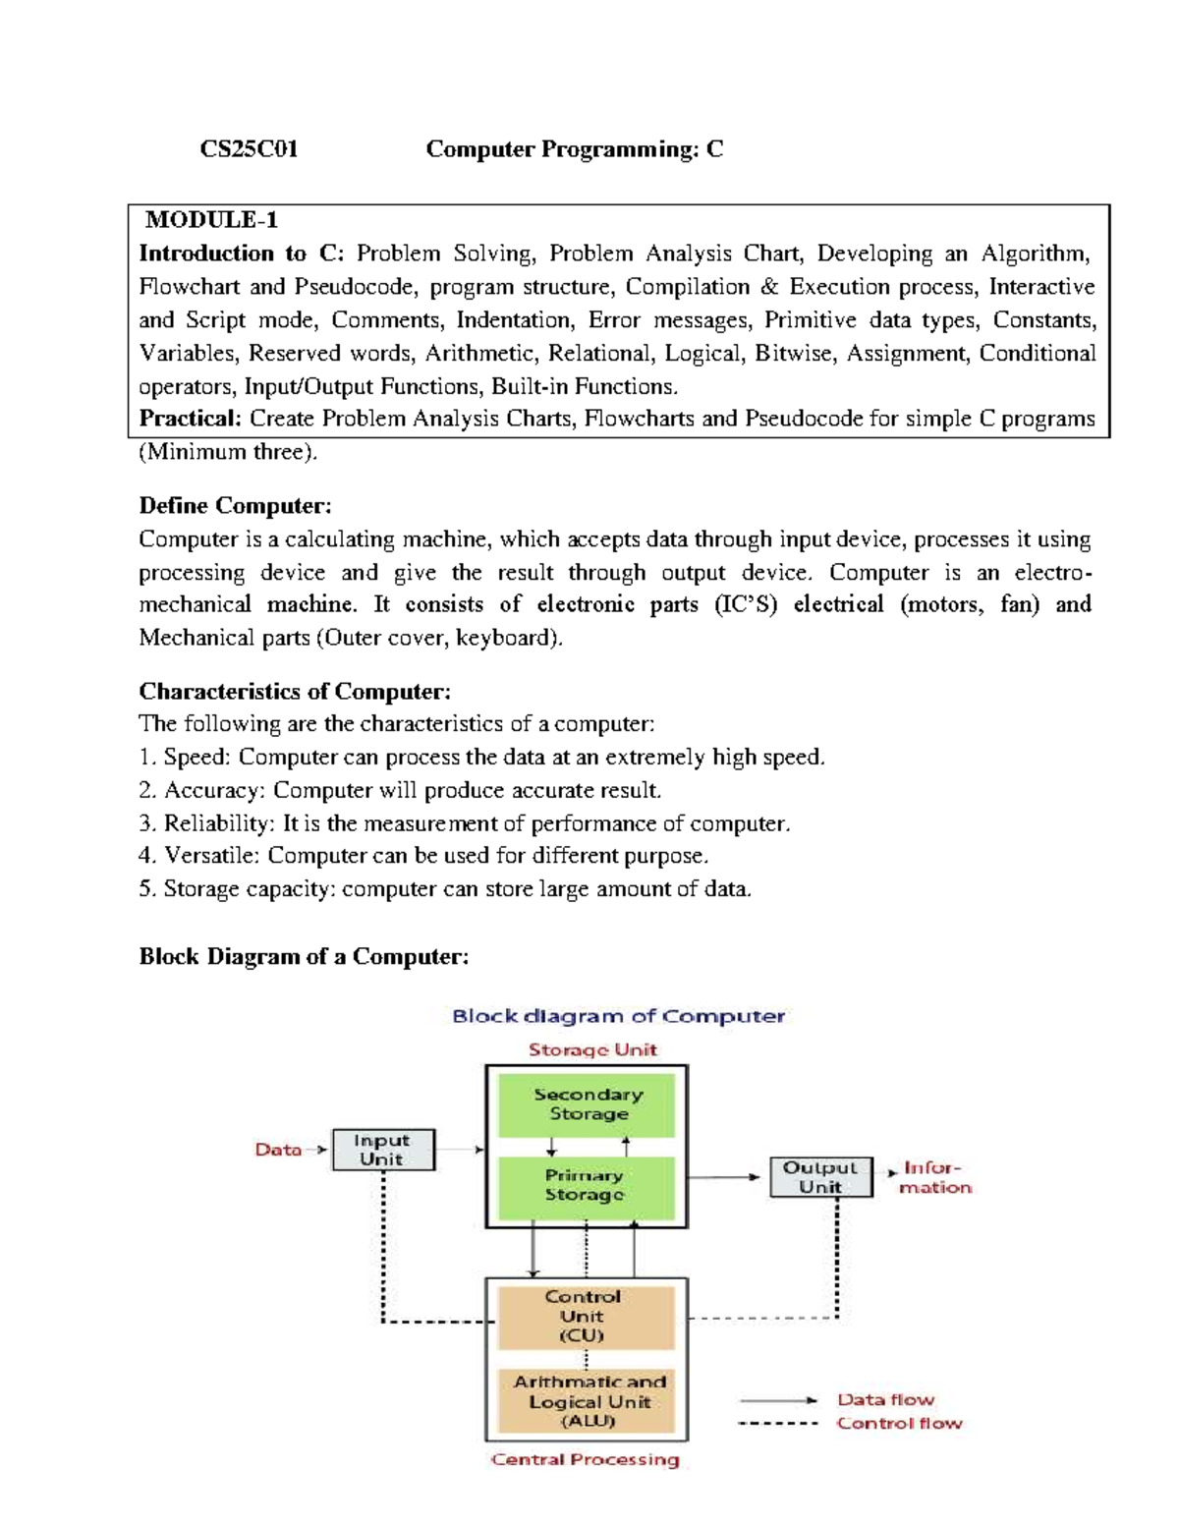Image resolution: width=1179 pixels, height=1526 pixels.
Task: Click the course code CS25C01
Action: click(x=249, y=149)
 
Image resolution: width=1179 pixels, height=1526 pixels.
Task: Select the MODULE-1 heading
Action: click(x=211, y=220)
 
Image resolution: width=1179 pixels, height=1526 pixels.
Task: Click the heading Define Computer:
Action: click(x=235, y=506)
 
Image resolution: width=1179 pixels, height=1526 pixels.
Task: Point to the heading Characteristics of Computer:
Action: click(x=295, y=692)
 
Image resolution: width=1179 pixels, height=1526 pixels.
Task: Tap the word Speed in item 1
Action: click(x=196, y=758)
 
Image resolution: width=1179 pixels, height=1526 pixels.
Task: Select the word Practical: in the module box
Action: click(x=190, y=419)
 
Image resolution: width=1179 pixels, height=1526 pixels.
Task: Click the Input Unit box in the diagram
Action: click(x=382, y=1150)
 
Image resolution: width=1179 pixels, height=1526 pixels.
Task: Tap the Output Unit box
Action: click(x=820, y=1177)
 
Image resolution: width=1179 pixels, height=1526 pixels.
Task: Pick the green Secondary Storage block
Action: click(x=588, y=1104)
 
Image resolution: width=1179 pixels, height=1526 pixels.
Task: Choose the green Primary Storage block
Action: click(x=586, y=1186)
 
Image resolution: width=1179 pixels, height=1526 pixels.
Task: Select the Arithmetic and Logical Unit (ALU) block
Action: click(x=589, y=1401)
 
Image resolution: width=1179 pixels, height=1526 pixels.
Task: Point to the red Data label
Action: click(x=278, y=1150)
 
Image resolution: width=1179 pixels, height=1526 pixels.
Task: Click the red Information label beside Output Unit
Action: click(x=934, y=1177)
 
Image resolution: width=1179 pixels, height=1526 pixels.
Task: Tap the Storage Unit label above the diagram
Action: click(x=592, y=1050)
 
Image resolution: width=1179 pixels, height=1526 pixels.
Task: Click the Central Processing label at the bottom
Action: click(x=586, y=1460)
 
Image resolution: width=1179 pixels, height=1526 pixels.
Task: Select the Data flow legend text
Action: click(x=885, y=1400)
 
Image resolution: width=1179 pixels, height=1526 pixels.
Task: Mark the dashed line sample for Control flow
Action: click(x=777, y=1424)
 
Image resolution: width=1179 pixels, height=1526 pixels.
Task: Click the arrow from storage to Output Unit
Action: click(x=724, y=1177)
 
